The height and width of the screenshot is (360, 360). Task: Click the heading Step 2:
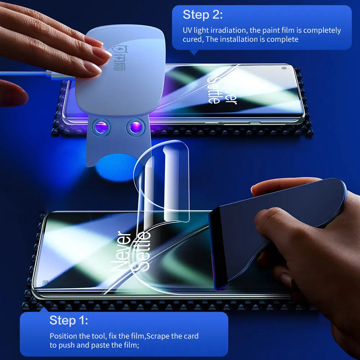click(203, 15)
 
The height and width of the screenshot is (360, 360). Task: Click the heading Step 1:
click(69, 320)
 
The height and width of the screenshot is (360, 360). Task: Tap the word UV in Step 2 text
click(188, 31)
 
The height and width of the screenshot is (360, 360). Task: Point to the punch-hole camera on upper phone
click(284, 68)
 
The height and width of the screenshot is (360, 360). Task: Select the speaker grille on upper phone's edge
click(255, 123)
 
